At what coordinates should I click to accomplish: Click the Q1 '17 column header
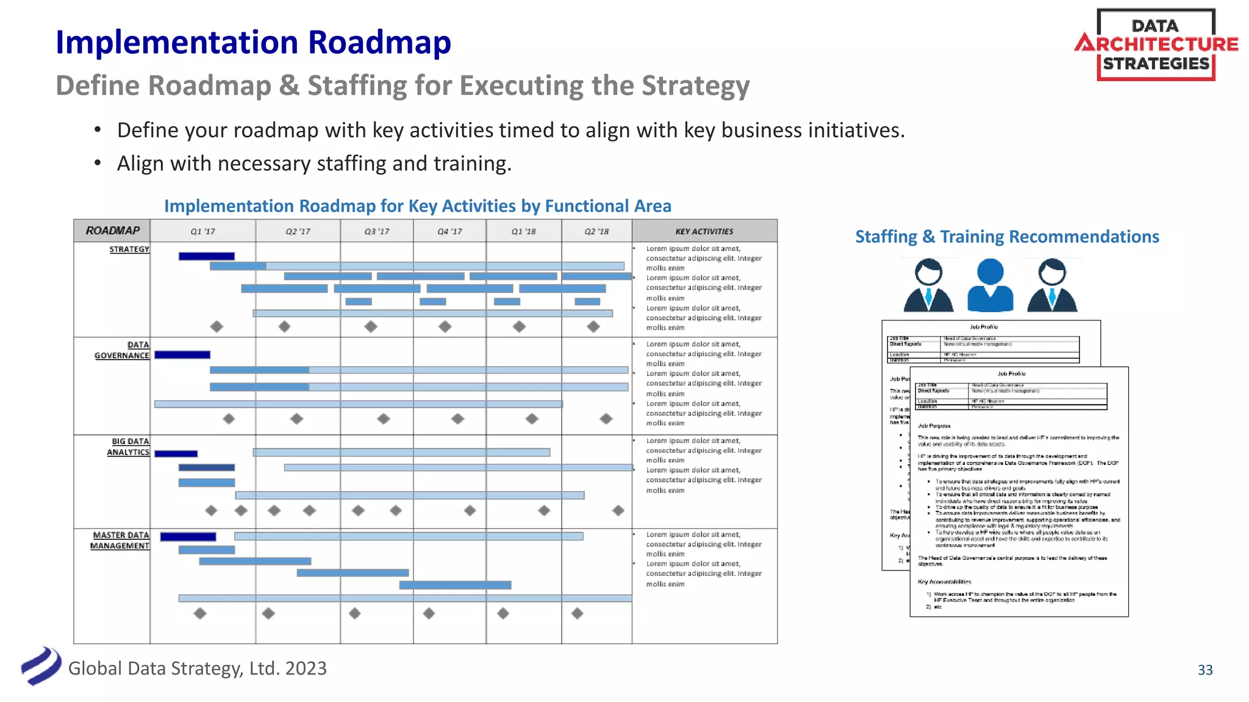point(202,232)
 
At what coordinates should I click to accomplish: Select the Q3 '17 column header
point(376,232)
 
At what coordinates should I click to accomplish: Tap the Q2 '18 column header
point(596,232)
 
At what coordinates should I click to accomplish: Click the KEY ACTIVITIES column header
point(704,232)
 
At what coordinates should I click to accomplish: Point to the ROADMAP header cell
point(112,230)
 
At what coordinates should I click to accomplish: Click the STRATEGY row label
point(129,249)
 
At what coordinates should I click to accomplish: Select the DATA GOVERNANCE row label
point(122,350)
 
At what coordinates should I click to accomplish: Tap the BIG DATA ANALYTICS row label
point(128,447)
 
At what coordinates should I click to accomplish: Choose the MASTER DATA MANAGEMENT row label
point(120,541)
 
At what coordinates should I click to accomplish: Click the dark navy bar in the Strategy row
point(206,256)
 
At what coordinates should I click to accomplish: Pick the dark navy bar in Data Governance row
point(182,355)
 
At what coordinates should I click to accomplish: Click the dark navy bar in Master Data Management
point(188,537)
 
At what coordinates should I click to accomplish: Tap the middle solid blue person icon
point(990,285)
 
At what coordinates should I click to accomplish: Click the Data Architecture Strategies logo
point(1156,44)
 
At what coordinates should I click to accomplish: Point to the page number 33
point(1205,670)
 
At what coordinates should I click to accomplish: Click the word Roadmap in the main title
point(379,43)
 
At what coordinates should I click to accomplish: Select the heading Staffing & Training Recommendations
point(1007,236)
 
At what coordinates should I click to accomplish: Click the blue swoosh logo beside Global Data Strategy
point(41,666)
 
